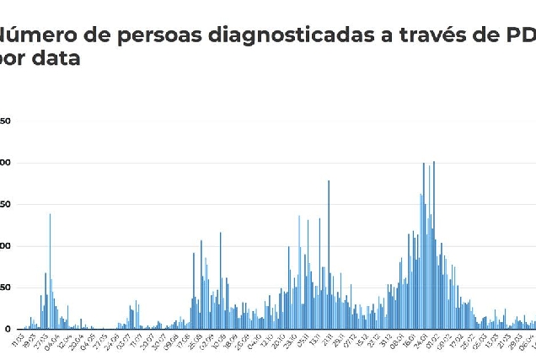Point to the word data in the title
click(x=58, y=60)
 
